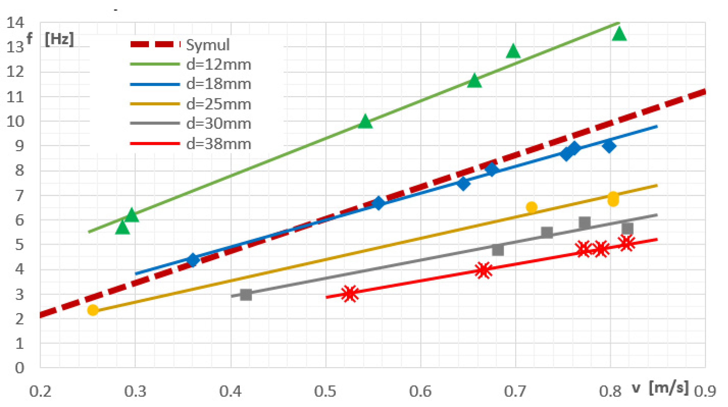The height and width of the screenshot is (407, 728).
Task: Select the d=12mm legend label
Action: tap(219, 65)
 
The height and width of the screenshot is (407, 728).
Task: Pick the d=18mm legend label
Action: tap(219, 84)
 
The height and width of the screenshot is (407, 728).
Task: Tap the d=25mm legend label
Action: tap(219, 104)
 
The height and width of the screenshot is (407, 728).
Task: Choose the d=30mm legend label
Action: tap(219, 124)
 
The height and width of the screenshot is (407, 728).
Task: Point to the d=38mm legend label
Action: tap(219, 144)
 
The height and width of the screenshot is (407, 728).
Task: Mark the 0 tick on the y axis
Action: tap(19, 368)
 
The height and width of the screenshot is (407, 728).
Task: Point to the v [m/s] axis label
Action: tap(660, 388)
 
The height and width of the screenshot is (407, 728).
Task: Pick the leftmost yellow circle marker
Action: tap(93, 310)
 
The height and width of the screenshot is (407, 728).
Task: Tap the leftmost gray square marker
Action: tap(246, 295)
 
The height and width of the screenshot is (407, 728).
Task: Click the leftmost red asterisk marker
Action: tap(350, 294)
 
